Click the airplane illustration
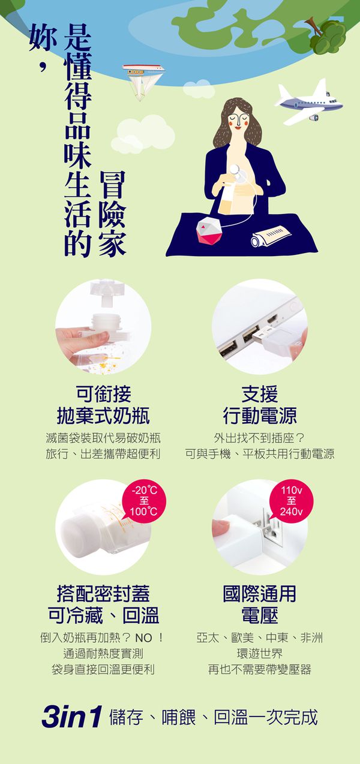(309, 103)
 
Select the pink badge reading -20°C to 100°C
(144, 501)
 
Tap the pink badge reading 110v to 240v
(291, 501)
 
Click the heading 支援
(259, 393)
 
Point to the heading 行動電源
(260, 416)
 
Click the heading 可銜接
(103, 393)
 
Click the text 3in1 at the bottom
(72, 717)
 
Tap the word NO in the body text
(143, 637)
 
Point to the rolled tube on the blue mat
(271, 236)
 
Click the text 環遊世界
(260, 654)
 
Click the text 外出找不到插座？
(260, 438)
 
